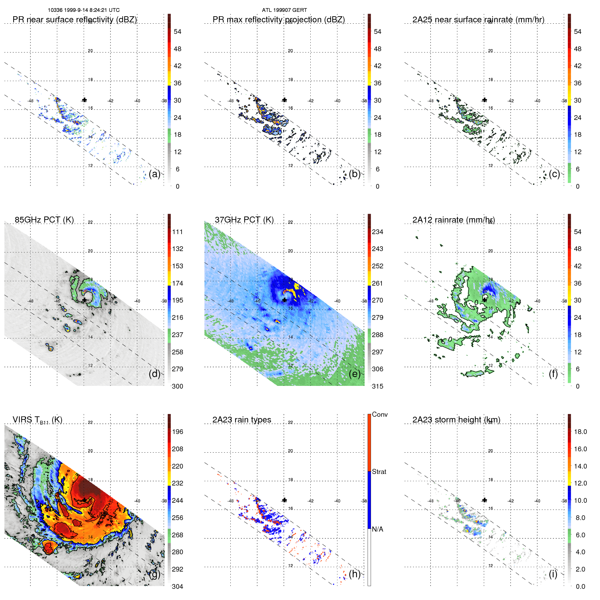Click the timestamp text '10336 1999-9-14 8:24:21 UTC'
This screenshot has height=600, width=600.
pyautogui.click(x=83, y=10)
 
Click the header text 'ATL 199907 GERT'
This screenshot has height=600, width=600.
pyautogui.click(x=284, y=10)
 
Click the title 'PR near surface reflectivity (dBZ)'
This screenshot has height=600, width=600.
pyautogui.click(x=75, y=20)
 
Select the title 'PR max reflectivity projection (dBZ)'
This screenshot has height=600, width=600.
pyautogui.click(x=278, y=20)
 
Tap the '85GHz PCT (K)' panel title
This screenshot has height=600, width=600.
pyautogui.click(x=44, y=220)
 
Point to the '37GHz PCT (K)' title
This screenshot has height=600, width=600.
pyautogui.click(x=244, y=220)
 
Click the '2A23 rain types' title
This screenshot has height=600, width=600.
pyautogui.click(x=242, y=420)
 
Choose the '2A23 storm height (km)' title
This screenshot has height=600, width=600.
pyautogui.click(x=456, y=420)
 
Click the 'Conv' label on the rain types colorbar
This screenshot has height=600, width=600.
pyautogui.click(x=379, y=415)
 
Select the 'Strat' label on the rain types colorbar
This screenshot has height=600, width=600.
pyautogui.click(x=379, y=472)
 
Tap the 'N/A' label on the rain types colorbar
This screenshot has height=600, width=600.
pyautogui.click(x=377, y=529)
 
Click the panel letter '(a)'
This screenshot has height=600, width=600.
pyautogui.click(x=154, y=174)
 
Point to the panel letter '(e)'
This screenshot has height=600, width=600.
pyautogui.click(x=354, y=374)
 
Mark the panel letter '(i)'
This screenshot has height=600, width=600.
pyautogui.click(x=553, y=574)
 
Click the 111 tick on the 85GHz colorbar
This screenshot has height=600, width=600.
pyautogui.click(x=178, y=232)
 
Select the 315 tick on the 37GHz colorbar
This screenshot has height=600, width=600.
pyautogui.click(x=377, y=387)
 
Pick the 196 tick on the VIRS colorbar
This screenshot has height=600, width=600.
pyautogui.click(x=178, y=432)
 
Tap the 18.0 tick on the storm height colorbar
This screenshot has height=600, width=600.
pyautogui.click(x=580, y=432)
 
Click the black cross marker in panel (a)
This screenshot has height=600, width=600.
pyautogui.click(x=84, y=100)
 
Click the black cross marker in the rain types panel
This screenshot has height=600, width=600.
pyautogui.click(x=285, y=500)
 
